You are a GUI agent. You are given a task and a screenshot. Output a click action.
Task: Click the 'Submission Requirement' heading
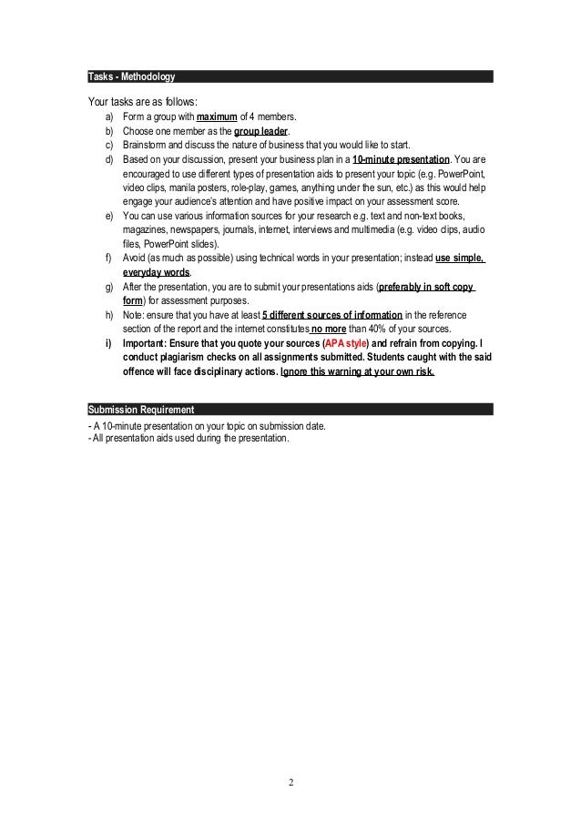coord(140,408)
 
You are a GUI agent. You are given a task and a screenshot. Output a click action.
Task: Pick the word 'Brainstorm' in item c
coord(144,145)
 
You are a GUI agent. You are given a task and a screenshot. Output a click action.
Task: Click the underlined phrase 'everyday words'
coord(156,272)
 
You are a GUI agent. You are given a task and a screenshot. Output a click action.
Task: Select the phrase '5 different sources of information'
coord(331,315)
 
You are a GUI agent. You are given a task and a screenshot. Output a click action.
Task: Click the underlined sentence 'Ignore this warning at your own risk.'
coord(358,371)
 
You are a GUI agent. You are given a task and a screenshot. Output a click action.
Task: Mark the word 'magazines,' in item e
coord(144,230)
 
